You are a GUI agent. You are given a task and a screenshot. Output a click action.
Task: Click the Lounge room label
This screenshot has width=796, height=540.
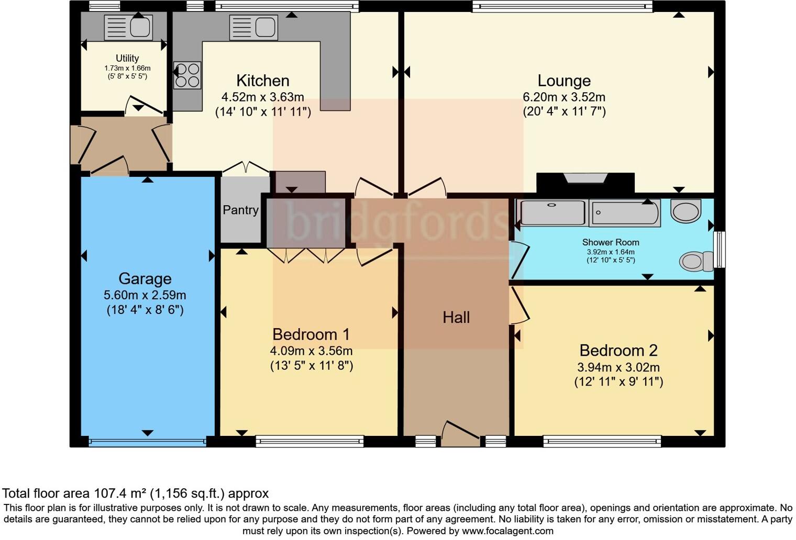[x=564, y=81]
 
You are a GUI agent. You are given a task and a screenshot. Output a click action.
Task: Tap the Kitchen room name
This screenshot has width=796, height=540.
[x=263, y=81]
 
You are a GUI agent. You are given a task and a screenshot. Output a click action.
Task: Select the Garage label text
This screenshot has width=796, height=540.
[x=145, y=279]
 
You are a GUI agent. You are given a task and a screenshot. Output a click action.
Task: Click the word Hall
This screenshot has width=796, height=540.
[x=456, y=318]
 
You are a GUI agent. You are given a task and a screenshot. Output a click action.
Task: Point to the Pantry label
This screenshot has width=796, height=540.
[x=240, y=210]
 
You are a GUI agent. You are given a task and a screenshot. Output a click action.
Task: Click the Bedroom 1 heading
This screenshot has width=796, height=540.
[x=311, y=334]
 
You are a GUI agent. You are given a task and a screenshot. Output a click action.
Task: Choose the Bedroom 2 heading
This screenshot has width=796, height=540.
[x=618, y=351]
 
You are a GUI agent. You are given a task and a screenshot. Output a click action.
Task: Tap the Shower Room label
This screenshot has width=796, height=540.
[x=611, y=242]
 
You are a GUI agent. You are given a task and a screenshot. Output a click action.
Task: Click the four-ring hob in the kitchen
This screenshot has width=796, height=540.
[x=187, y=75]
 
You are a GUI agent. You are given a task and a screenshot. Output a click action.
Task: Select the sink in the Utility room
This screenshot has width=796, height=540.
[x=128, y=27]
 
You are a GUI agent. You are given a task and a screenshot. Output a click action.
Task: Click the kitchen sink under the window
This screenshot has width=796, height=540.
[x=253, y=27]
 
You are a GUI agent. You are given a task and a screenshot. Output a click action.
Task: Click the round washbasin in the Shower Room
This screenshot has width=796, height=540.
[x=686, y=211]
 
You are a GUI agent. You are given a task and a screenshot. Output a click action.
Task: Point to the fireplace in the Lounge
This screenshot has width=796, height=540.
[x=585, y=183]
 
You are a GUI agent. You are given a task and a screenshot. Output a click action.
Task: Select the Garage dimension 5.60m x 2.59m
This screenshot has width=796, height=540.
[x=145, y=295]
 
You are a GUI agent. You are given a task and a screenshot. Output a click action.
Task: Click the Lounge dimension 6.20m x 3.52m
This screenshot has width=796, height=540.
[x=564, y=97]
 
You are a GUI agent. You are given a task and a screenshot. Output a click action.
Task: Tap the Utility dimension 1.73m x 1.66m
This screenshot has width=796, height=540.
[x=127, y=68]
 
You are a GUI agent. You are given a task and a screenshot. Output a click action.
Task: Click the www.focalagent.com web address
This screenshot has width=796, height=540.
[x=507, y=531]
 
